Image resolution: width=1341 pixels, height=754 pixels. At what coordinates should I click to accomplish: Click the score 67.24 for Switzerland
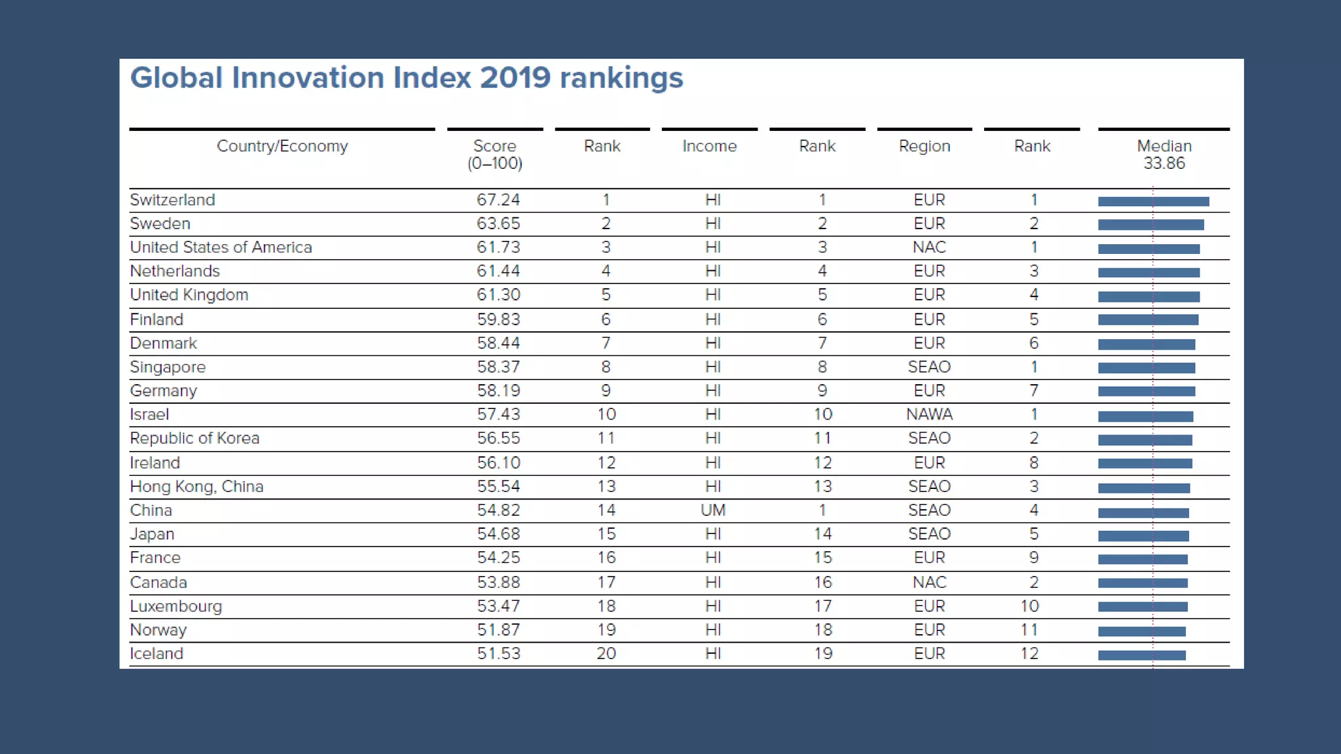click(498, 200)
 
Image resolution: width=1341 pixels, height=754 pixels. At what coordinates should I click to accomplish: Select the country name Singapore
click(168, 367)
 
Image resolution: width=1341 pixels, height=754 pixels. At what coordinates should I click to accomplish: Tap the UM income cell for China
click(712, 511)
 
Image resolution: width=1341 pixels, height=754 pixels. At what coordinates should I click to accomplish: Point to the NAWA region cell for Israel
click(928, 414)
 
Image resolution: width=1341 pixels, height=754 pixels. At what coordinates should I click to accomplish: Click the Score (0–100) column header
click(494, 154)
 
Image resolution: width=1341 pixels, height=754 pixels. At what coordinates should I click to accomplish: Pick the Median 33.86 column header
click(1164, 154)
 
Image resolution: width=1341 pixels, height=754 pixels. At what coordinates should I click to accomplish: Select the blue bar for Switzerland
click(1153, 202)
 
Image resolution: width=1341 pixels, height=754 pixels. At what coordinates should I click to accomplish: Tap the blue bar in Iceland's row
click(1141, 655)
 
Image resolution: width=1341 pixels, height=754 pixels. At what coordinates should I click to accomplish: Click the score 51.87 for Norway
click(498, 630)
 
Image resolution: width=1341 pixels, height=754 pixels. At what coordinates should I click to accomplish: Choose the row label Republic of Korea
click(194, 439)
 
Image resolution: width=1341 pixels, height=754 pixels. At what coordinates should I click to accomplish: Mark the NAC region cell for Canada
click(928, 583)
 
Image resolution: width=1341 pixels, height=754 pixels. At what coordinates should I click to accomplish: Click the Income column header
click(709, 146)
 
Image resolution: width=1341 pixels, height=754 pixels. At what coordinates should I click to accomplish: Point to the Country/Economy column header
click(282, 146)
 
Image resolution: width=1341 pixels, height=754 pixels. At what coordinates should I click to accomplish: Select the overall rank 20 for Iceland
click(606, 653)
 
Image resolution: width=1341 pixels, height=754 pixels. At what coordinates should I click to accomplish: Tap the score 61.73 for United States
click(498, 247)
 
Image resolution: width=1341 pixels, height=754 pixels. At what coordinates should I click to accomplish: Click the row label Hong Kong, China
click(196, 486)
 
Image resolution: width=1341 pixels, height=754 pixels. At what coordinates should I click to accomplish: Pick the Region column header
click(924, 146)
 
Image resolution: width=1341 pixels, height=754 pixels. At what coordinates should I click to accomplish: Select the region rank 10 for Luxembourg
click(1029, 606)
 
